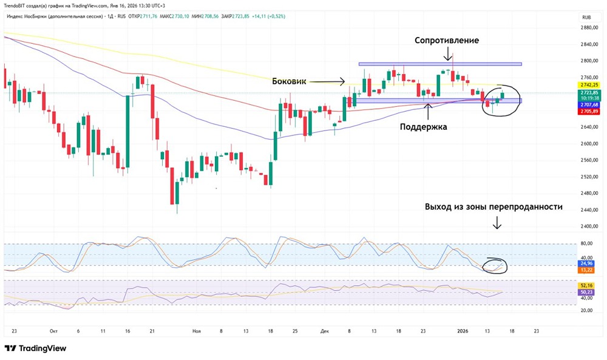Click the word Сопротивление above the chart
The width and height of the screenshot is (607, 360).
[447, 41]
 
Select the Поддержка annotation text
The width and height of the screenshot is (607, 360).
[423, 127]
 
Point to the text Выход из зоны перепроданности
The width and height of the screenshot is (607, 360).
[493, 207]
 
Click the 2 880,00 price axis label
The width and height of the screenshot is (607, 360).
[586, 28]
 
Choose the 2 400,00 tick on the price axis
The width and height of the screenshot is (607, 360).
[586, 226]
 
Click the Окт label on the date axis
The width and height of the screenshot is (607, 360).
[53, 331]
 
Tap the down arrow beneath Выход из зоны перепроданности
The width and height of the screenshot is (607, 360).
[497, 225]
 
